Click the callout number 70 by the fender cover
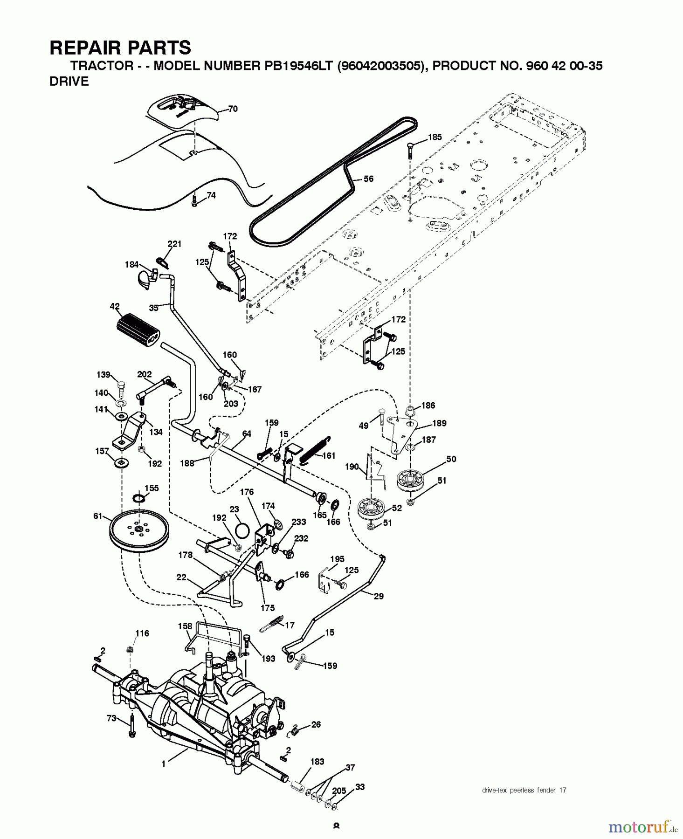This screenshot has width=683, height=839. click(x=233, y=109)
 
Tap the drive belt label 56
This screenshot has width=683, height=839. click(x=368, y=179)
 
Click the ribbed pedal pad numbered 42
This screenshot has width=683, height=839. click(x=138, y=329)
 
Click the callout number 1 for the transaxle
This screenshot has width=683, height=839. click(x=164, y=764)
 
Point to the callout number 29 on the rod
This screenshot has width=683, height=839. click(x=379, y=596)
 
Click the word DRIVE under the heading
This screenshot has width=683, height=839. click(x=69, y=82)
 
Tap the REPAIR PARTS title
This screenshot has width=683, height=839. click(x=120, y=48)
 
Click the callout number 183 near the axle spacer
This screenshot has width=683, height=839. click(x=317, y=762)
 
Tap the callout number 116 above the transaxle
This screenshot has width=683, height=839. click(x=142, y=633)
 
